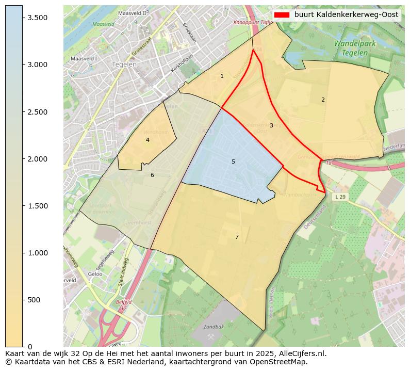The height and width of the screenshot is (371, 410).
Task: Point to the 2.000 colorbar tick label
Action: [37, 159]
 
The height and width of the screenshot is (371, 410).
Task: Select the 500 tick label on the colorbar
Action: [35, 300]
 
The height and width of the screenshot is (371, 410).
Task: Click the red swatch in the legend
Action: [281, 15]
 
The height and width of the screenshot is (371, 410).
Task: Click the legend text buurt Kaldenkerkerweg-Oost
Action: [347, 15]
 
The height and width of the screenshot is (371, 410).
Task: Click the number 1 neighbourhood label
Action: [222, 76]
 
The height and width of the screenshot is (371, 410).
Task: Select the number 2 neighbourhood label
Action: [323, 100]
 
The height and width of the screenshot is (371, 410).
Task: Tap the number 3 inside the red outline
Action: [271, 126]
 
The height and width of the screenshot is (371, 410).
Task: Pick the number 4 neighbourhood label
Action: [147, 140]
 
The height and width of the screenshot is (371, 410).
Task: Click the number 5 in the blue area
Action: [233, 162]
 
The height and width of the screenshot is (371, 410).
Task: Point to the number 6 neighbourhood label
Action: [152, 175]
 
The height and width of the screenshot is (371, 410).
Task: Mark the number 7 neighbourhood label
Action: [237, 237]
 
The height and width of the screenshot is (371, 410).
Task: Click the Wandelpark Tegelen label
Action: [354, 48]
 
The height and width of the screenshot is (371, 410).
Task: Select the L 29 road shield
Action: [340, 197]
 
